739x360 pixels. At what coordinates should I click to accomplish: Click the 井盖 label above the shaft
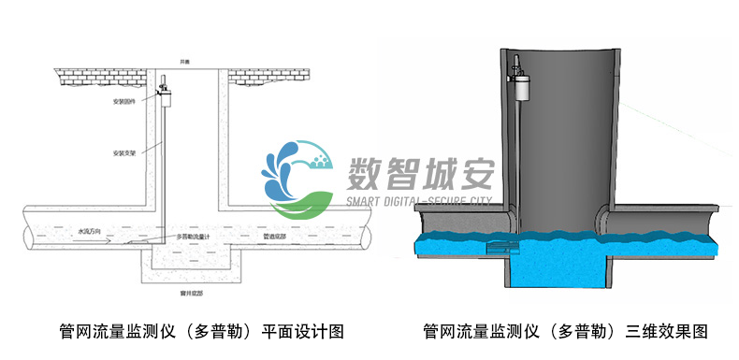186,62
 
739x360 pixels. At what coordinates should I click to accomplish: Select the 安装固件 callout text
123,100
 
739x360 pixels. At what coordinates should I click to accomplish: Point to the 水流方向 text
88,231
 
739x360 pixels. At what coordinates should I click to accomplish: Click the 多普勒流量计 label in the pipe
194,238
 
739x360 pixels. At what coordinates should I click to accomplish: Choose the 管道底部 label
280,238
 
